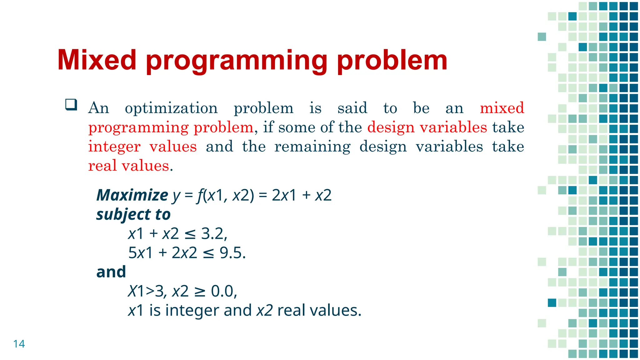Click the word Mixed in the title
click(97, 60)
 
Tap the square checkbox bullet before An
click(71, 104)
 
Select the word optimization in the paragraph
click(171, 108)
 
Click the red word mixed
click(502, 108)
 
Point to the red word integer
click(114, 147)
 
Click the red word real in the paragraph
click(102, 166)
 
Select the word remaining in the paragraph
click(312, 147)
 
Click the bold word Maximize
click(132, 195)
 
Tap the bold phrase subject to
click(133, 215)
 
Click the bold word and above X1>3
click(111, 272)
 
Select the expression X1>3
click(146, 291)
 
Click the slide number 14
click(19, 344)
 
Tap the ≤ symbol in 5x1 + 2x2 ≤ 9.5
click(208, 253)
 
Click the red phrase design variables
click(427, 127)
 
